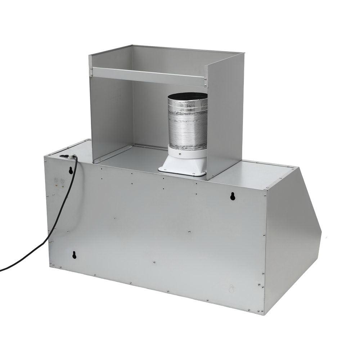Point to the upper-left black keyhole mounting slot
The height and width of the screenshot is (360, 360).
coord(71,170)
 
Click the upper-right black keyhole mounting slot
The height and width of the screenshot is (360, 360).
coord(233,196)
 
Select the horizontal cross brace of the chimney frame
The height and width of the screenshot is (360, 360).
coord(148,76)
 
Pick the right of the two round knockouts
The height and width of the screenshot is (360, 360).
coord(62,181)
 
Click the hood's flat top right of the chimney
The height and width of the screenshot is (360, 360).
coord(252,173)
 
